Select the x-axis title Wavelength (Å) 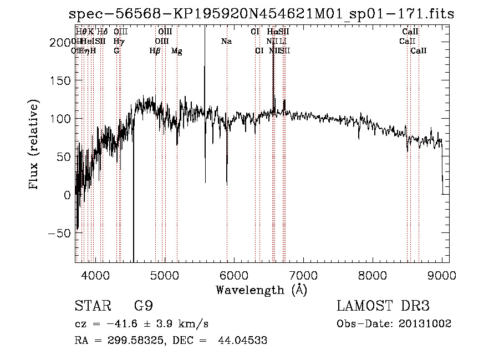tap(261, 290)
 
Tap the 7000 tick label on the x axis tap(303, 275)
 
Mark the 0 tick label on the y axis tap(68, 195)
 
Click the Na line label tap(226, 41)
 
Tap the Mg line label tap(177, 51)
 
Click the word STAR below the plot tap(91, 306)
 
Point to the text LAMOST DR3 tap(383, 306)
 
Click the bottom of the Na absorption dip tap(226, 184)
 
